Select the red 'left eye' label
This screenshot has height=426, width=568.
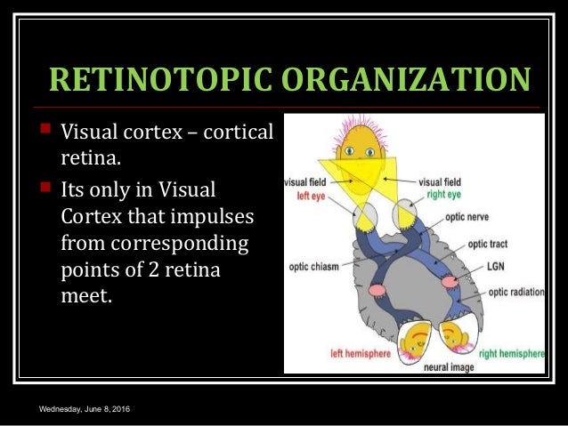coord(307,196)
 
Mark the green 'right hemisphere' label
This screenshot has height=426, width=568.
coord(512,354)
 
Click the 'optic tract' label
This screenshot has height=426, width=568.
coord(489,242)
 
